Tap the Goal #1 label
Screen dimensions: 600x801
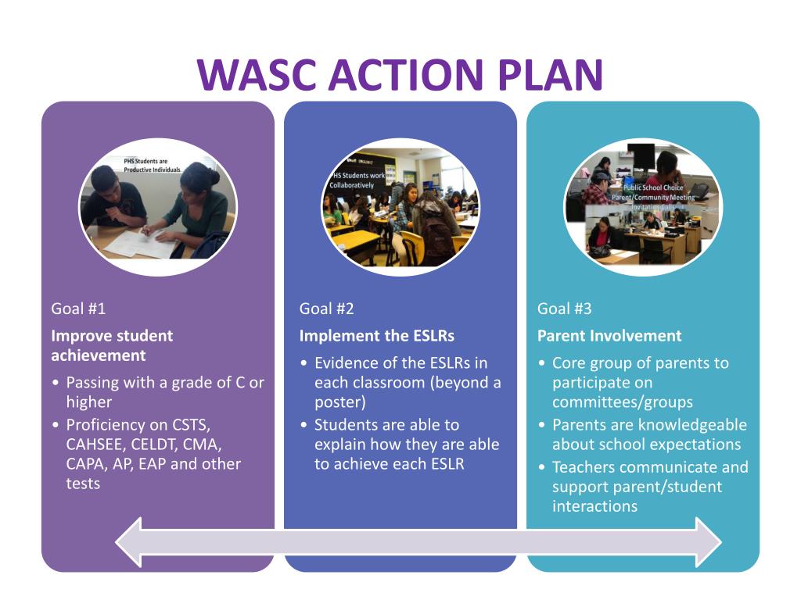coord(78,309)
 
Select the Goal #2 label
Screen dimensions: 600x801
coord(326,309)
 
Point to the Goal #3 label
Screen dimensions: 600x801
coord(564,309)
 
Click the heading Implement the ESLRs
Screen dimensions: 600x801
coord(376,336)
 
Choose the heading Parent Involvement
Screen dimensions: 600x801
coord(609,336)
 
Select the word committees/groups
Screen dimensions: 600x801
coord(622,402)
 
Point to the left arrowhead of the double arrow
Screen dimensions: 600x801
coord(130,541)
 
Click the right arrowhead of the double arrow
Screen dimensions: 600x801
coord(707,541)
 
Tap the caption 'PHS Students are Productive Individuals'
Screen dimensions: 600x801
coord(151,166)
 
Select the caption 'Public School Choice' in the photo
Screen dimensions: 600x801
coord(652,188)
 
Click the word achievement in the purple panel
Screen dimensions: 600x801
coord(98,355)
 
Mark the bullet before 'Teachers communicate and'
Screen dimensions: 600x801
coord(543,468)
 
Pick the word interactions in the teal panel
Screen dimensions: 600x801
coord(594,506)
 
